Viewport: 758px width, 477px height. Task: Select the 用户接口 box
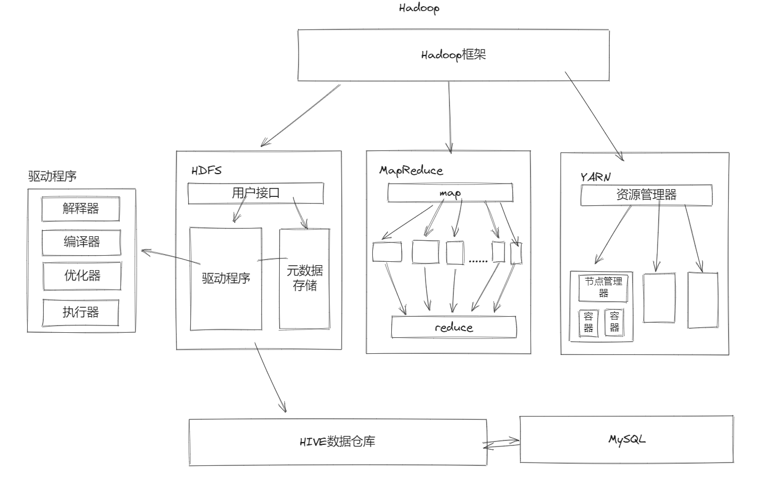(x=255, y=193)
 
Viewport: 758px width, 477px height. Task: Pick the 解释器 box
(x=81, y=209)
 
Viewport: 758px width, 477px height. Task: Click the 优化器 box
(x=81, y=275)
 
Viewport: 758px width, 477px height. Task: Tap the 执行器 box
(x=81, y=312)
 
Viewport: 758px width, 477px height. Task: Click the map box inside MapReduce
(x=450, y=192)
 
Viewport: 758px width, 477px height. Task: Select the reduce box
(x=453, y=327)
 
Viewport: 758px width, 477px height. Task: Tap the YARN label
(x=595, y=176)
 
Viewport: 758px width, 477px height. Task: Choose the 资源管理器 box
(x=646, y=194)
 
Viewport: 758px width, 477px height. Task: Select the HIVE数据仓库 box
(x=338, y=442)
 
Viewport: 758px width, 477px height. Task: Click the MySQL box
(x=627, y=439)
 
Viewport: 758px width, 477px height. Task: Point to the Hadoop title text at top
(x=419, y=8)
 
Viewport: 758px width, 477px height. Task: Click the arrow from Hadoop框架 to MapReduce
(x=449, y=116)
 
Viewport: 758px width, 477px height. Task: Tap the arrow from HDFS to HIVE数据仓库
(x=270, y=377)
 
